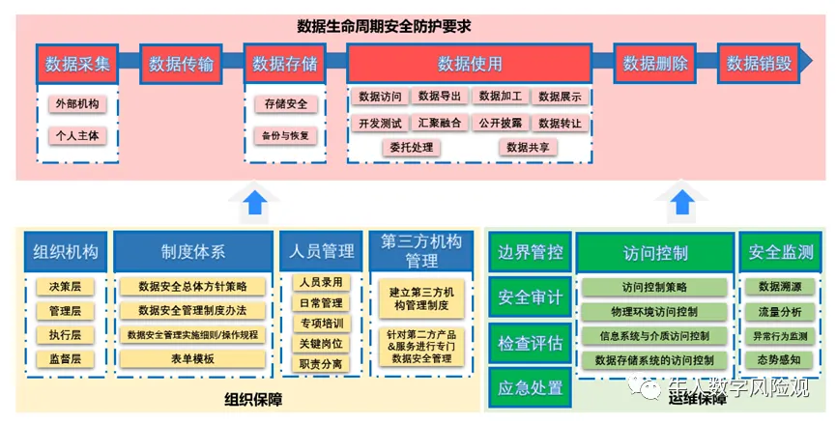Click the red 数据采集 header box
(x=77, y=65)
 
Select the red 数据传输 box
(x=181, y=65)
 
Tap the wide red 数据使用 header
(x=470, y=65)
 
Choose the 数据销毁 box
(x=759, y=65)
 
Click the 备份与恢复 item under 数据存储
(x=284, y=135)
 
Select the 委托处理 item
(x=411, y=148)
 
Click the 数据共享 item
(x=528, y=148)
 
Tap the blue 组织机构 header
(x=66, y=252)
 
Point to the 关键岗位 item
(x=321, y=343)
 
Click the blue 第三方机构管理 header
(x=421, y=251)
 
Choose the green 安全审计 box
(x=530, y=297)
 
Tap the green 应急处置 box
(x=530, y=388)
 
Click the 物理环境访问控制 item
(x=654, y=311)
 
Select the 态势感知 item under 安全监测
(x=779, y=359)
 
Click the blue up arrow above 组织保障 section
(x=255, y=203)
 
